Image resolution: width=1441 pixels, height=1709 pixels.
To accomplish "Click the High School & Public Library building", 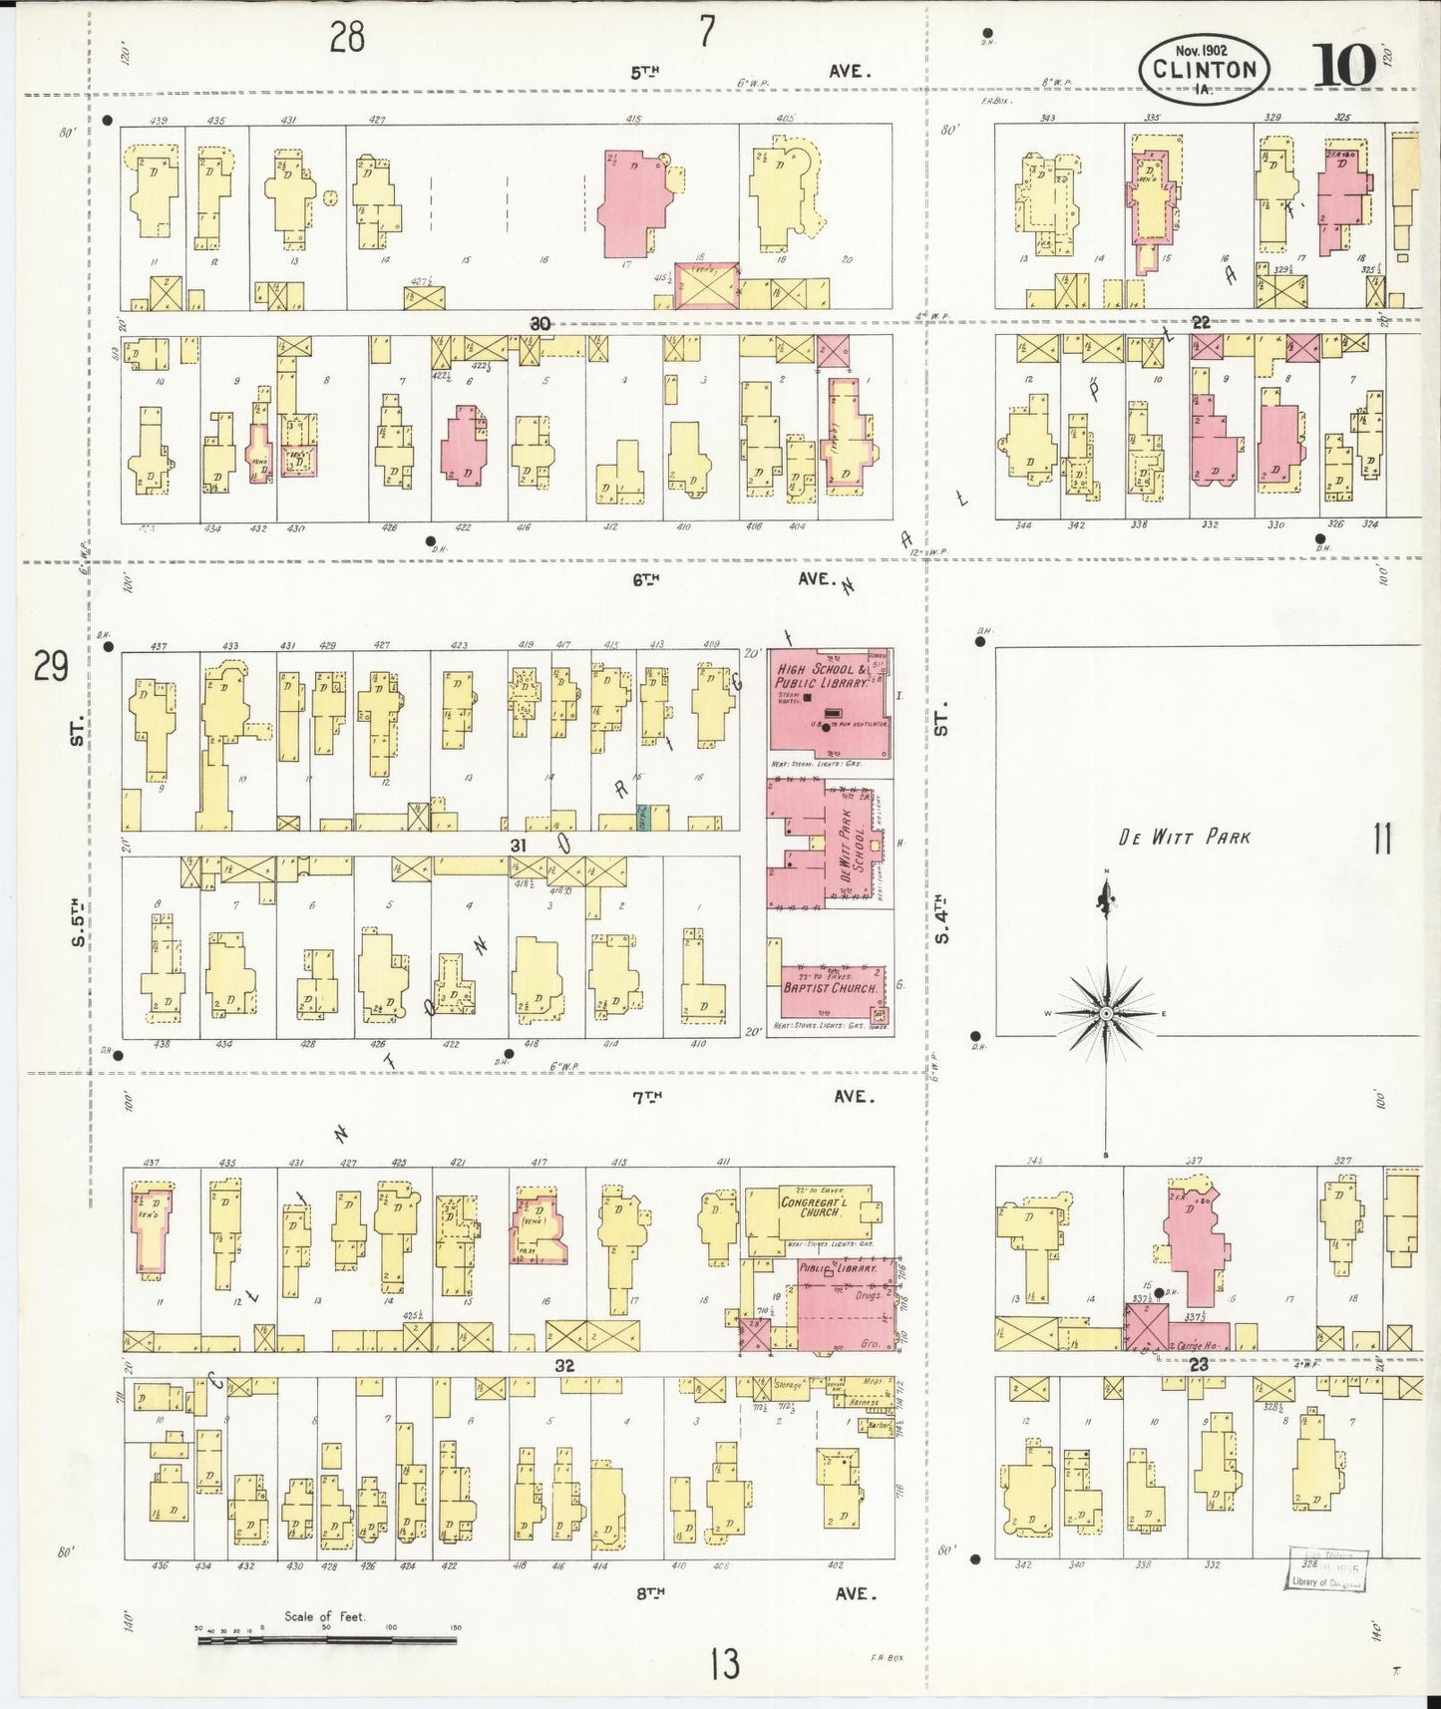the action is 829,704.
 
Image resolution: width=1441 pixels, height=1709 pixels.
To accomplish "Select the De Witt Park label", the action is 1184,838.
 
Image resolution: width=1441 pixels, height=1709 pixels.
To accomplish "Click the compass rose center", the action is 1106,1013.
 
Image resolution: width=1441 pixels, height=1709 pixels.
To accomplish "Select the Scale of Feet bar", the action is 326,1638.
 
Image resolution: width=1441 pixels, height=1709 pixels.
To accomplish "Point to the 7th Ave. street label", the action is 748,1096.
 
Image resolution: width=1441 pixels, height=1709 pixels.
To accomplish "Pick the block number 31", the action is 518,845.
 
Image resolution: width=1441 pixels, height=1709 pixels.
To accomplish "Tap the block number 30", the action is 540,323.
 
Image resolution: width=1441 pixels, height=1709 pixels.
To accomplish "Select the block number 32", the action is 565,1366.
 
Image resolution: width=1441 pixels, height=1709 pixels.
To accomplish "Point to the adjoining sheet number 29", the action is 50,666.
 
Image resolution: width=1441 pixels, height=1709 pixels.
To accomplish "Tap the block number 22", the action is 1201,322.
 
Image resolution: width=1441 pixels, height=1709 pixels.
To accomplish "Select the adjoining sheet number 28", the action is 347,37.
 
